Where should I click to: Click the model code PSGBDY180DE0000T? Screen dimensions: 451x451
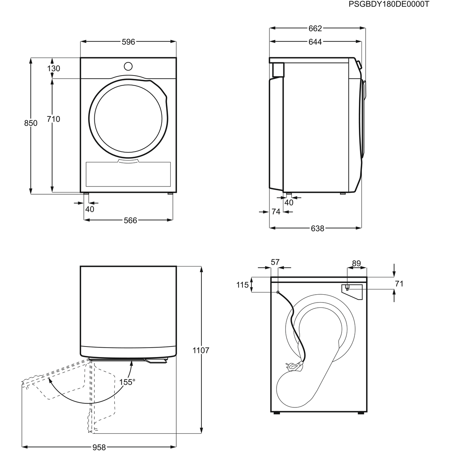[389, 5]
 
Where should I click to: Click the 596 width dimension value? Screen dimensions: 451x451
[129, 42]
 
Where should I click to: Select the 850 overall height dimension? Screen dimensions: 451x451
[31, 123]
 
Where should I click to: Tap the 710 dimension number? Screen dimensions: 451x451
[53, 119]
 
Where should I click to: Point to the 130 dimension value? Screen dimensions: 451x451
[54, 68]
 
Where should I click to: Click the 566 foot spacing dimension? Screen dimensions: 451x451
[130, 221]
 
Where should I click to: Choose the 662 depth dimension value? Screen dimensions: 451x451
[315, 29]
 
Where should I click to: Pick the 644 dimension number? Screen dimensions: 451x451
[315, 42]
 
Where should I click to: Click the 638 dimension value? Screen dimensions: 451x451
[318, 229]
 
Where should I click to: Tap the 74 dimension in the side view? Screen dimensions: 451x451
[276, 212]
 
